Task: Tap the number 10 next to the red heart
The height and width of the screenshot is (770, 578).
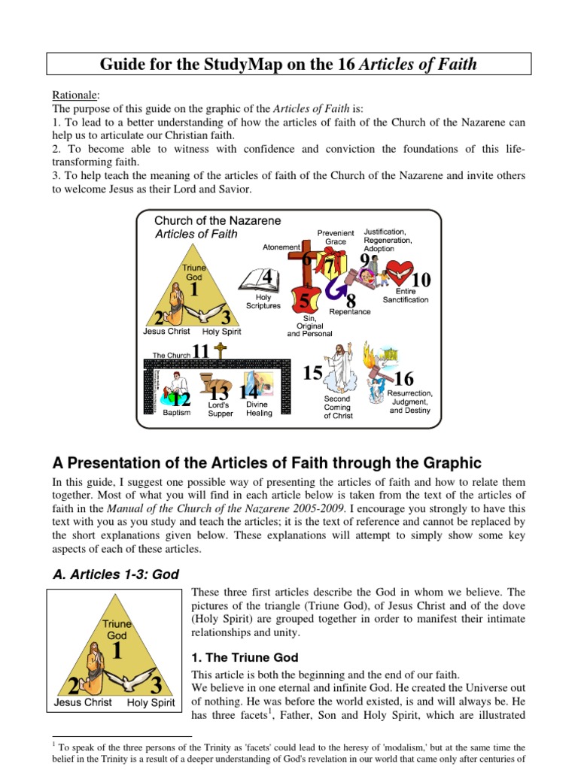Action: [421, 280]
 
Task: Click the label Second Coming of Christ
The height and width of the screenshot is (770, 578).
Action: [338, 407]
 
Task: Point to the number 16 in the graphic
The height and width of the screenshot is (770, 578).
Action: [403, 379]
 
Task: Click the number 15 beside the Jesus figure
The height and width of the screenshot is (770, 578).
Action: [312, 373]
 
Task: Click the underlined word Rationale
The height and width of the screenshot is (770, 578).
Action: [73, 95]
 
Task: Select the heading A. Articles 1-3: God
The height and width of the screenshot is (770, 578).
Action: [115, 574]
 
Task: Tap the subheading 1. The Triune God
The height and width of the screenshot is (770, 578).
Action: [245, 657]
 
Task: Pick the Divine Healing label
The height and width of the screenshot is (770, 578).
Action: [259, 409]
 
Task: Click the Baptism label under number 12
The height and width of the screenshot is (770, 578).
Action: [177, 413]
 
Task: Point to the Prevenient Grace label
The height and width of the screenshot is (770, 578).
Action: [336, 238]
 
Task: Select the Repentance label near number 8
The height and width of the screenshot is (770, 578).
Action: [349, 311]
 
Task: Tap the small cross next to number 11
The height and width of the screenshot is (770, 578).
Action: [220, 350]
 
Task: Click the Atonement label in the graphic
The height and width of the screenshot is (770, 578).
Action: [281, 247]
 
